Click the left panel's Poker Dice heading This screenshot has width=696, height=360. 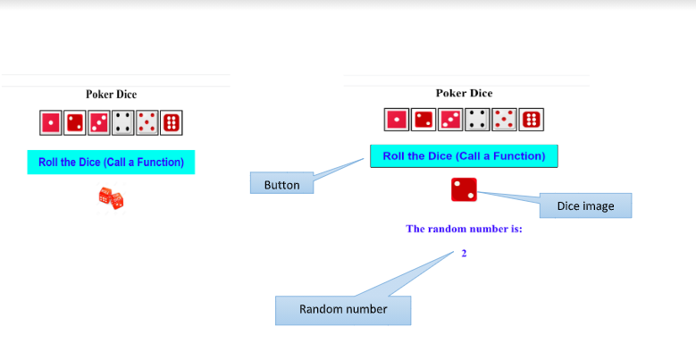(111, 94)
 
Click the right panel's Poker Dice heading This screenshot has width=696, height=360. (464, 93)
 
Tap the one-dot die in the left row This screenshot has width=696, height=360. (51, 122)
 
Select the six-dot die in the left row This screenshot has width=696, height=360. (171, 122)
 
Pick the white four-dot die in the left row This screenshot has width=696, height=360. (122, 122)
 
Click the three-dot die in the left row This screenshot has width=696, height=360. (98, 122)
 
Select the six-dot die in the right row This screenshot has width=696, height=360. (532, 119)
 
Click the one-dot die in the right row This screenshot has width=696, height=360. (396, 119)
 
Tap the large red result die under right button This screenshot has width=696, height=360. (464, 189)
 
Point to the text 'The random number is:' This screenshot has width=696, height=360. (464, 229)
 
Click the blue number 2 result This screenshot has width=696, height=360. (464, 254)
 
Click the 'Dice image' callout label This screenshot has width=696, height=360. (585, 206)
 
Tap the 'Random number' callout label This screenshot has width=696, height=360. (342, 309)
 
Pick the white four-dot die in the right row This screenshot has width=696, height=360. (477, 119)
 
